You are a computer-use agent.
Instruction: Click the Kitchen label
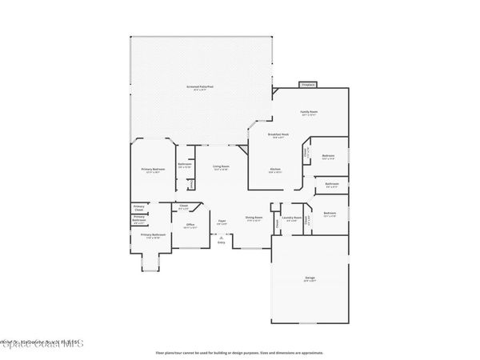[274, 169]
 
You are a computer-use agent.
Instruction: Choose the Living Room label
[220, 166]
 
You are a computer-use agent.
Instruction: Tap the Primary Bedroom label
[154, 169]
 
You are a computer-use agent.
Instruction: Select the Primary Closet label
[138, 209]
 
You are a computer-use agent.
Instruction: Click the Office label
[190, 225]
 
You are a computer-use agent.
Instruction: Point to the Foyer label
[222, 222]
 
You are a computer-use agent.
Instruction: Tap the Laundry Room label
[292, 217]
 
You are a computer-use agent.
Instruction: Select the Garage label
[310, 278]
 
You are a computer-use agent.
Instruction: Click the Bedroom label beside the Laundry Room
[329, 213]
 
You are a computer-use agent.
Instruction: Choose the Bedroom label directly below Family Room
[328, 155]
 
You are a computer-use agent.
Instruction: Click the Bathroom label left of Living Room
[184, 166]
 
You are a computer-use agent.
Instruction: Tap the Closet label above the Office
[183, 206]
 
